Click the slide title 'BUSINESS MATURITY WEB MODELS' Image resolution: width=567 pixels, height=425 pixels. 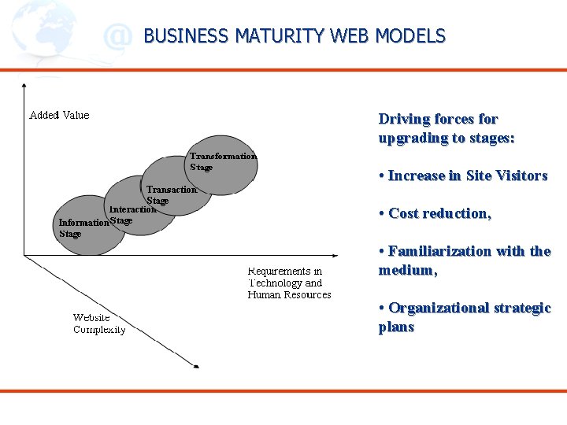pyautogui.click(x=295, y=36)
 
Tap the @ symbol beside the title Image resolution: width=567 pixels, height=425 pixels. pyautogui.click(x=117, y=36)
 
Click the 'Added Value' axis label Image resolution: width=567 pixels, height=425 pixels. pyautogui.click(x=59, y=115)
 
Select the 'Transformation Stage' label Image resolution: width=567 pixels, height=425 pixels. pyautogui.click(x=223, y=161)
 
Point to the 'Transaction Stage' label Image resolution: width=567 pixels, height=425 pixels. pyautogui.click(x=171, y=194)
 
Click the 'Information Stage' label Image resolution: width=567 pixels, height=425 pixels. pyautogui.click(x=83, y=227)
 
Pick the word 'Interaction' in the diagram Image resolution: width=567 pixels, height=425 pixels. pyautogui.click(x=132, y=209)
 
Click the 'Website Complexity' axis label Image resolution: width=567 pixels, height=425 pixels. pyautogui.click(x=99, y=323)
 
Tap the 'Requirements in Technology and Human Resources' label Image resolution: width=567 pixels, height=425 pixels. pyautogui.click(x=289, y=283)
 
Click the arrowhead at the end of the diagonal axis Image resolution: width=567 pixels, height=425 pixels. pyautogui.click(x=196, y=366)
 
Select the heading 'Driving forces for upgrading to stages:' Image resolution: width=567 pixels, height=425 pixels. pyautogui.click(x=446, y=128)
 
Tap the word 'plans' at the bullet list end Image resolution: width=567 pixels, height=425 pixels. pyautogui.click(x=396, y=327)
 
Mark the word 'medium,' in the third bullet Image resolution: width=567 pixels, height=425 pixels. pyautogui.click(x=407, y=270)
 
